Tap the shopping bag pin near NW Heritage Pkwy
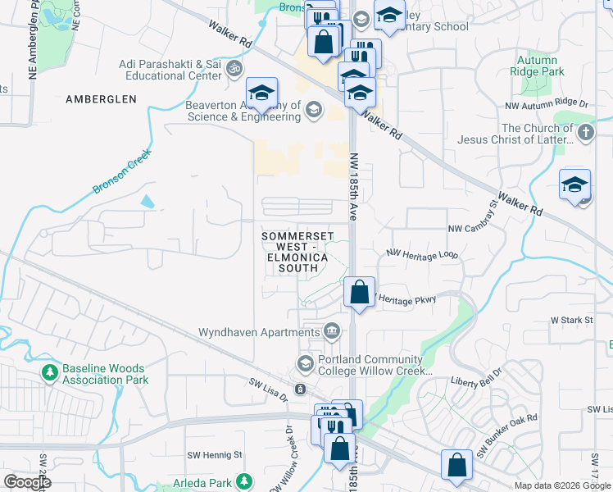pyautogui.click(x=360, y=292)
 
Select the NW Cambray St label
pyautogui.click(x=473, y=217)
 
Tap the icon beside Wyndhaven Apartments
pyautogui.click(x=332, y=332)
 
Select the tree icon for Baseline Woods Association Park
pyautogui.click(x=50, y=374)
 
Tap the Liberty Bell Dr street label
pyautogui.click(x=484, y=381)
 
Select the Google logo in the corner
pyautogui.click(x=26, y=482)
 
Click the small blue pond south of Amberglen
pyautogui.click(x=147, y=201)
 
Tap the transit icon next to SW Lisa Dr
pyautogui.click(x=301, y=389)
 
